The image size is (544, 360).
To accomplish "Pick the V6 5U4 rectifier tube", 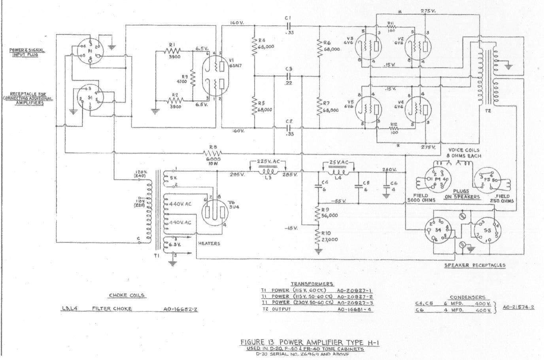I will click(215, 210).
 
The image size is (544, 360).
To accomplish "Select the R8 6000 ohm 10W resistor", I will click(212, 153).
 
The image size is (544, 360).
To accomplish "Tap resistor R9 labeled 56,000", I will click(317, 215).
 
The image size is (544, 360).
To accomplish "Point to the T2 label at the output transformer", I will click(487, 111).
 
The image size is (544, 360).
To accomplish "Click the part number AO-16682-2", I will click(180, 309).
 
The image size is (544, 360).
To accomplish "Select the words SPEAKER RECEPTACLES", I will click(475, 265).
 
